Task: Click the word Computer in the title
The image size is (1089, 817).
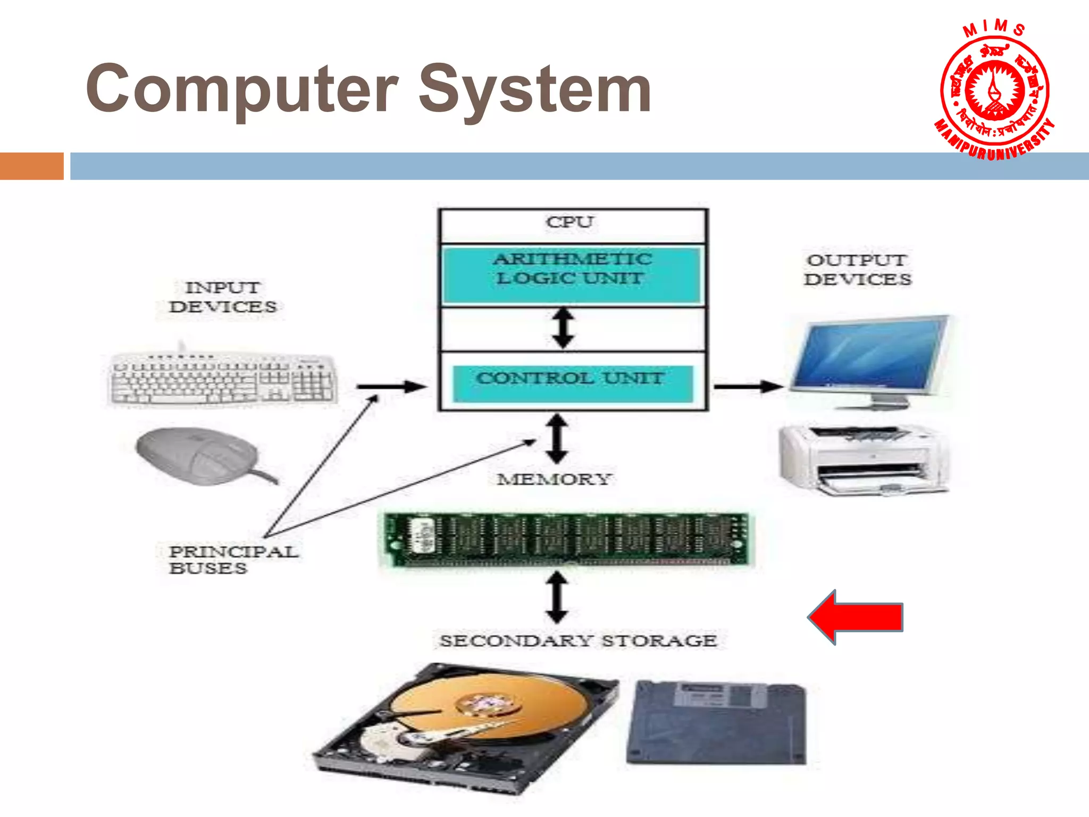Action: tap(242, 89)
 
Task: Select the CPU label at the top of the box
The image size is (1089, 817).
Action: tap(569, 222)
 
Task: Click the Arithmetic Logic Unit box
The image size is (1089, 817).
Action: tap(572, 274)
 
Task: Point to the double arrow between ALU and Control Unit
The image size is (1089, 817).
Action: tap(563, 329)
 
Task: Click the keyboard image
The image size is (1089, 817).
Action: tap(223, 379)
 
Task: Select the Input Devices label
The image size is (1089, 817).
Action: tap(222, 297)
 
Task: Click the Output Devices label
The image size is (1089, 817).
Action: tap(857, 270)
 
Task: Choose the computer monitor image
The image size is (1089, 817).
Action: tap(869, 359)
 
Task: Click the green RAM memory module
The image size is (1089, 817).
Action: tap(566, 538)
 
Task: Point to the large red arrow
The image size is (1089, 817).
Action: tap(856, 617)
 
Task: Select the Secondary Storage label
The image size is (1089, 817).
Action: tap(578, 640)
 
